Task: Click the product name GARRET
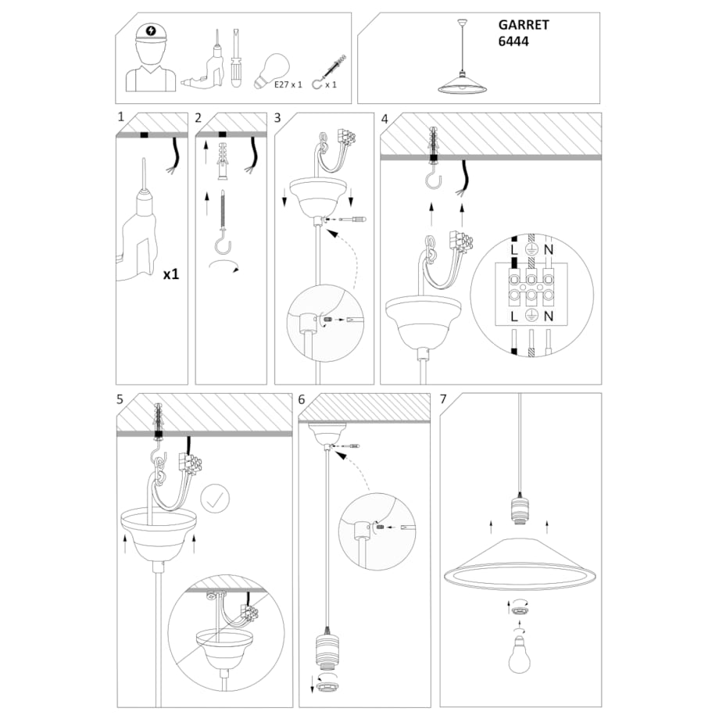(x=524, y=25)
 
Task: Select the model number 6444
(x=513, y=42)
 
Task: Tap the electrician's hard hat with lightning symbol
(x=151, y=33)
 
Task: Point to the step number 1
(x=120, y=118)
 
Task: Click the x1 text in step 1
(x=172, y=275)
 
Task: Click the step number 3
(x=278, y=118)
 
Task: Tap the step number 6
(x=302, y=399)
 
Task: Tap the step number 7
(x=444, y=399)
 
